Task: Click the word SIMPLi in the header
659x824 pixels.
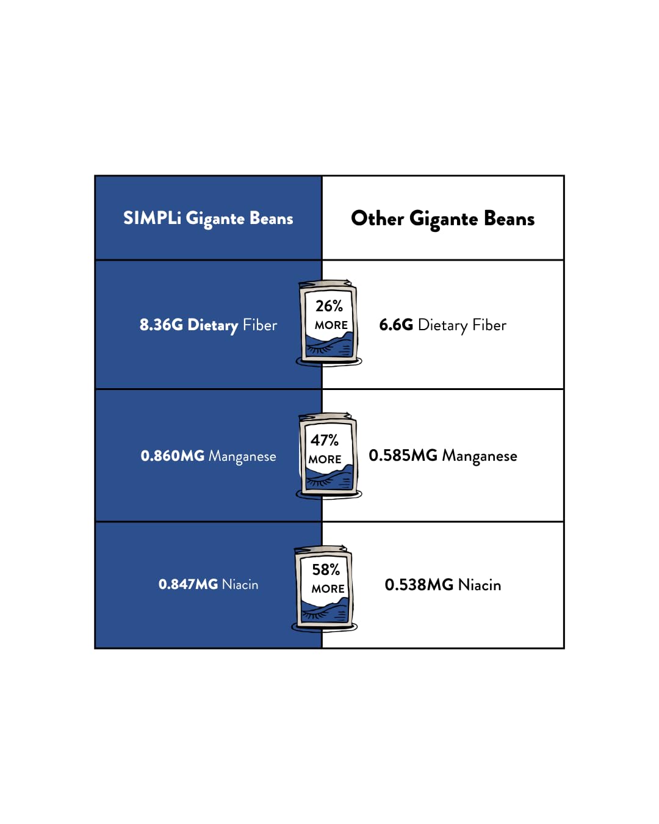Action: [152, 219]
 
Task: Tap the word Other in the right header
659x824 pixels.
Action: [378, 219]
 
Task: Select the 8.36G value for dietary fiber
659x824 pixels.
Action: [161, 325]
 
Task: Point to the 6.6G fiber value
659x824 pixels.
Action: [396, 325]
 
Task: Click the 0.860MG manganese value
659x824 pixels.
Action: [172, 456]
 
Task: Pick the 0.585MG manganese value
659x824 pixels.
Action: [403, 455]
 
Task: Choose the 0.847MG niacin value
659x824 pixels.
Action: [188, 584]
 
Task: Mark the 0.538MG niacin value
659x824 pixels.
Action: [419, 585]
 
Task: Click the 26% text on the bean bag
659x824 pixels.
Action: [329, 306]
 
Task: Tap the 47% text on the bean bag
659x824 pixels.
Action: [325, 440]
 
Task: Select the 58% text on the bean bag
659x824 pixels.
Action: [326, 569]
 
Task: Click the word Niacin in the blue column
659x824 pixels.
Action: [240, 584]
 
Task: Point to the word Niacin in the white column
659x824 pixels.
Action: [480, 585]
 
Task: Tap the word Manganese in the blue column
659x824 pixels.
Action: [242, 457]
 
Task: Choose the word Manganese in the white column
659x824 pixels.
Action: [480, 457]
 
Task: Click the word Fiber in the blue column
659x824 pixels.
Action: [260, 325]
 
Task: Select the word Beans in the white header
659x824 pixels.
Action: [509, 219]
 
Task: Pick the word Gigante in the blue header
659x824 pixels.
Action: [215, 219]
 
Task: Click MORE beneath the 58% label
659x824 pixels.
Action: [328, 588]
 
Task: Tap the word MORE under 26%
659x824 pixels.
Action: [331, 325]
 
